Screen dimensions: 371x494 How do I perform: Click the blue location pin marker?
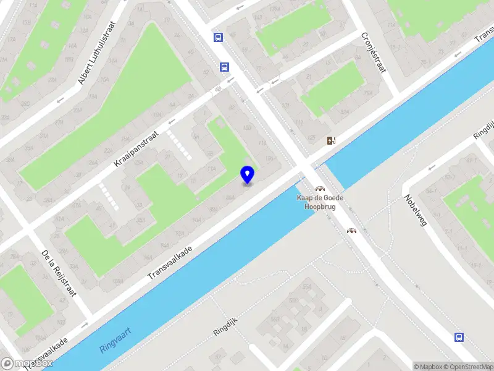pyautogui.click(x=248, y=174)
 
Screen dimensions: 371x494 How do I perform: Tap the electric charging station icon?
pyautogui.click(x=332, y=140)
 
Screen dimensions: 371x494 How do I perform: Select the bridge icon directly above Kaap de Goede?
pyautogui.click(x=320, y=189)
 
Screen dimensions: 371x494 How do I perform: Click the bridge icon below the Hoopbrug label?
pyautogui.click(x=351, y=231)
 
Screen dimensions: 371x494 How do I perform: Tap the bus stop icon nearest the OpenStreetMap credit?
pyautogui.click(x=459, y=337)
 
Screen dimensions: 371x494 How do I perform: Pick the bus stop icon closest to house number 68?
pyautogui.click(x=224, y=67)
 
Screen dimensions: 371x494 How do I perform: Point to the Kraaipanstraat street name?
pyautogui.click(x=136, y=149)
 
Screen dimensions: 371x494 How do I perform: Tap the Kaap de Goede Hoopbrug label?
pyautogui.click(x=320, y=202)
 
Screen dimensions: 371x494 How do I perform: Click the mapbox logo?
pyautogui.click(x=26, y=363)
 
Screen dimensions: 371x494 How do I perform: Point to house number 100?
pyautogui.click(x=246, y=128)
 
